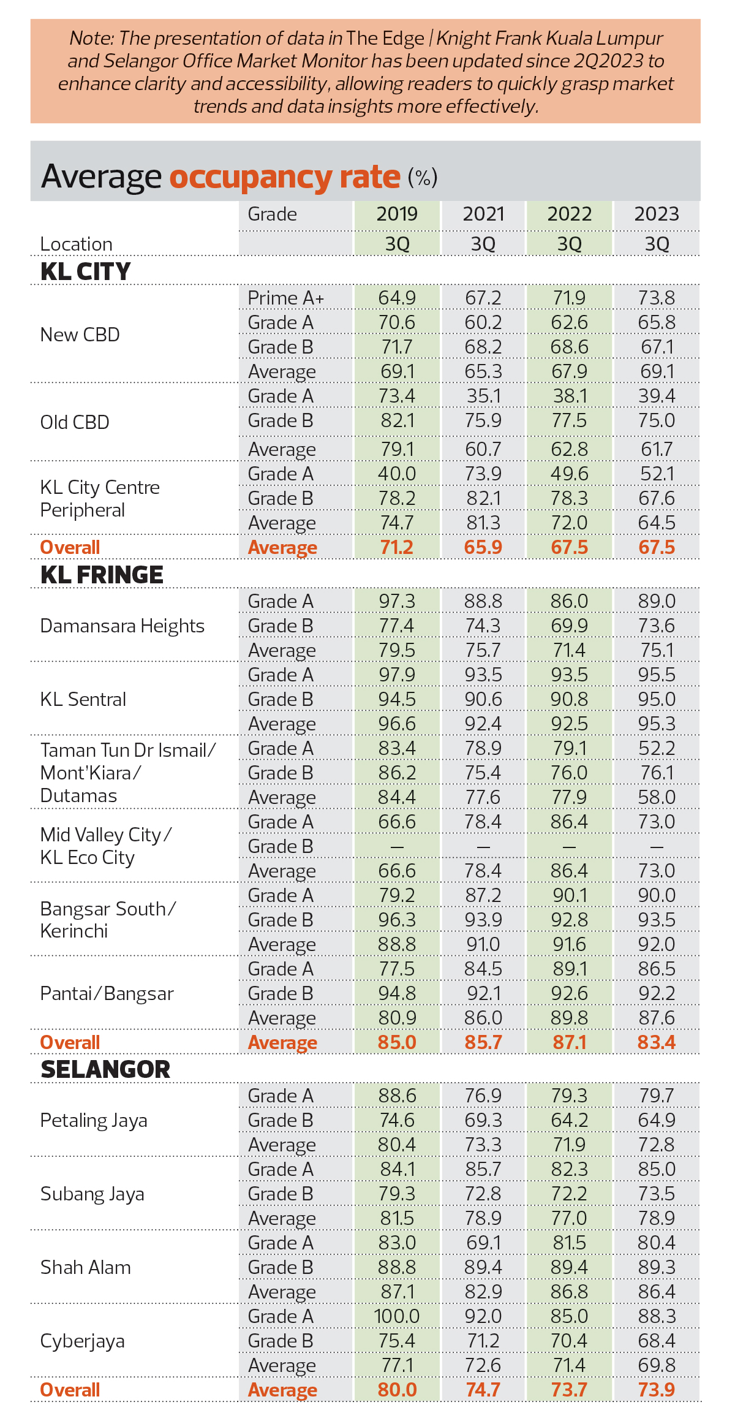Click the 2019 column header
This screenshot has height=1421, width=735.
[397, 214]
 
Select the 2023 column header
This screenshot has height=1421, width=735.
[657, 214]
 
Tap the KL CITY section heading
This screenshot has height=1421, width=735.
[86, 271]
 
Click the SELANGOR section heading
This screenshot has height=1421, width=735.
[105, 1069]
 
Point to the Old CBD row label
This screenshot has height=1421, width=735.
[75, 422]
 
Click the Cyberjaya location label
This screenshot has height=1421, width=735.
[83, 1341]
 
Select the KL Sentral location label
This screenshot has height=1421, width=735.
[83, 699]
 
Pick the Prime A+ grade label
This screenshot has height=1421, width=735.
[286, 298]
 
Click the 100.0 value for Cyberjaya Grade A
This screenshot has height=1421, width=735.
[397, 1316]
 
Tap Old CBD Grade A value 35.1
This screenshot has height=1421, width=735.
[483, 396]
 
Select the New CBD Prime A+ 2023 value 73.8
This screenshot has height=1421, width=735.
[657, 298]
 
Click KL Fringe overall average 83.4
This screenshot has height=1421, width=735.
[657, 1042]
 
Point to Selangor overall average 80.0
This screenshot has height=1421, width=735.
[397, 1390]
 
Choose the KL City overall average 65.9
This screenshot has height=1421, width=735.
[483, 547]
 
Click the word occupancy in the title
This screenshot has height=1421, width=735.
[251, 177]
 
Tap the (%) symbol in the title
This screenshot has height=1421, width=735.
[423, 178]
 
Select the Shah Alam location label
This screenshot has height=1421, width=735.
[86, 1267]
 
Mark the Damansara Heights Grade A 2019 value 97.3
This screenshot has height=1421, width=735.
[397, 601]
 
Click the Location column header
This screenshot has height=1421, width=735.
[77, 244]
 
